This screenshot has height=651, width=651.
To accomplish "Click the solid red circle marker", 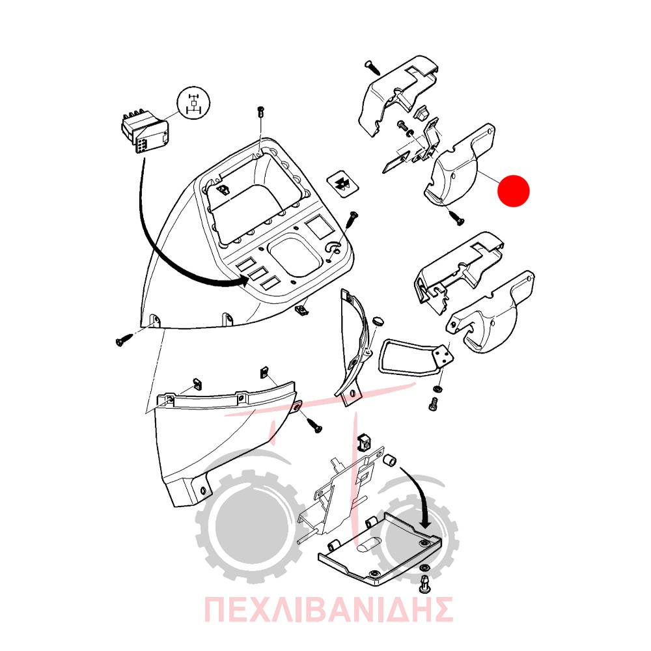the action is pos(514,191).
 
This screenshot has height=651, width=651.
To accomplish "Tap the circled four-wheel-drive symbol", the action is pos(193,104).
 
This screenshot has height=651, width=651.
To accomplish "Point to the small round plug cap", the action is pos(378,322).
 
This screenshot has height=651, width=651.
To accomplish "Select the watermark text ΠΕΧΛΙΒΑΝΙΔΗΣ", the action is pos(328,609).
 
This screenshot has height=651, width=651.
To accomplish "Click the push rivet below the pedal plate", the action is pos(426,583).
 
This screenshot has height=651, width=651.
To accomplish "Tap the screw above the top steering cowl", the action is pos(373,68).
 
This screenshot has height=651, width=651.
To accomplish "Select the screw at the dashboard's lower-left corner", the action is pos(124,340).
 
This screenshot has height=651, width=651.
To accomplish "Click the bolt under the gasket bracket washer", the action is pos(434,403).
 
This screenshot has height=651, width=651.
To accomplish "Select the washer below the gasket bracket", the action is pos(437,389).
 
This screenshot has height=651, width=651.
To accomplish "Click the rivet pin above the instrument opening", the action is pos(261,112).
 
